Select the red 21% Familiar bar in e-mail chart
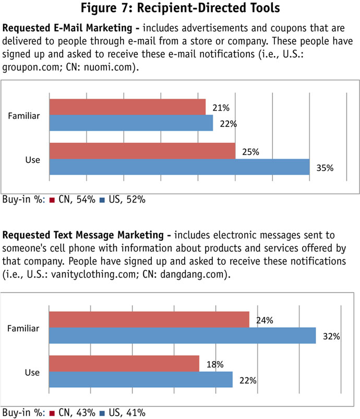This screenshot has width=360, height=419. click(x=127, y=107)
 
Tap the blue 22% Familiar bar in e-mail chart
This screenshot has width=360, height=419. click(x=131, y=123)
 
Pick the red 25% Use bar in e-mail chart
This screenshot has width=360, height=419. click(x=142, y=151)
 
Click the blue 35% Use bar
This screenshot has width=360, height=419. click(x=179, y=167)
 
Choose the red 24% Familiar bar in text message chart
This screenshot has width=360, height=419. click(x=149, y=320)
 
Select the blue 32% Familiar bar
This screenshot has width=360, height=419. click(x=182, y=336)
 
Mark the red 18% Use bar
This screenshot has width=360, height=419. click(x=124, y=364)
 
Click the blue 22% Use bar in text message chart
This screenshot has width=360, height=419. click(x=140, y=379)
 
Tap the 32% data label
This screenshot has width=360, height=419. click(x=331, y=337)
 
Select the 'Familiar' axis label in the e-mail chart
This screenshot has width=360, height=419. click(x=25, y=115)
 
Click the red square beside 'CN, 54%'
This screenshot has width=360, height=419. click(x=52, y=199)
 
